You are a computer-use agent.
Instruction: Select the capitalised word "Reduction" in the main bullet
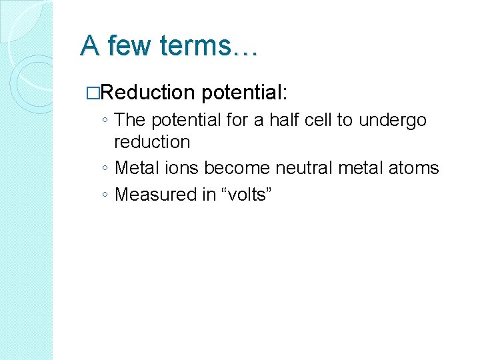pos(147,93)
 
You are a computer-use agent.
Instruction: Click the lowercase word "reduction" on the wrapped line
pos(152,142)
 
